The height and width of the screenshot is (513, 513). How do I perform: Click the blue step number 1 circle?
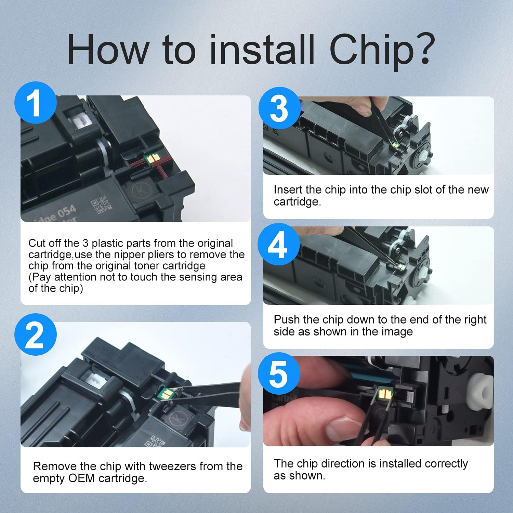pyautogui.click(x=36, y=103)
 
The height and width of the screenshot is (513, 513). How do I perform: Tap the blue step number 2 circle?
pyautogui.click(x=36, y=334)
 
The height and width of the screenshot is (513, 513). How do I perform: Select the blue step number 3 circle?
pyautogui.click(x=279, y=108)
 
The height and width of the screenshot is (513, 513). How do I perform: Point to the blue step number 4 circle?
pyautogui.click(x=279, y=244)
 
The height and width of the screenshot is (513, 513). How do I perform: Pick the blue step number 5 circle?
pyautogui.click(x=279, y=373)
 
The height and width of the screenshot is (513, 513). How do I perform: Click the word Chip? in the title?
pyautogui.click(x=382, y=50)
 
